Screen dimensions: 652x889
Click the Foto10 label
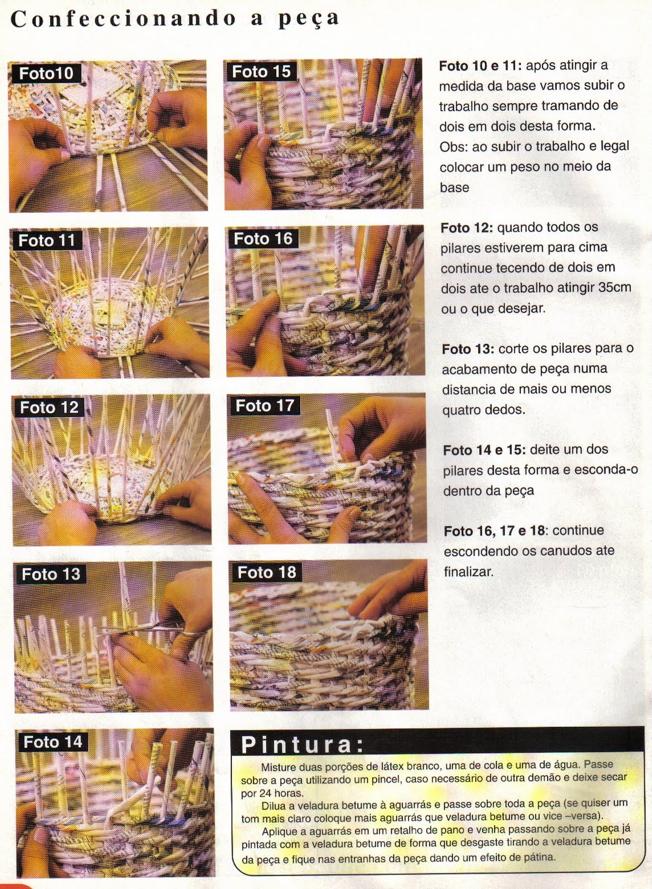coord(47,73)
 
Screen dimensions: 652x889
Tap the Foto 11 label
coord(47,241)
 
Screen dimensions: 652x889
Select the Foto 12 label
coord(49,408)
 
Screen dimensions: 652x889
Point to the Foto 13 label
coord(51,575)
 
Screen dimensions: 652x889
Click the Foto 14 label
coord(53,742)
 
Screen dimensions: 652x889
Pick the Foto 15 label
coord(261,72)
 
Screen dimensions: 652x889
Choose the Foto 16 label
coord(263,239)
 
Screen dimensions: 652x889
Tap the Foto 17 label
coord(265,406)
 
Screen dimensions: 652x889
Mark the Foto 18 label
coord(267,572)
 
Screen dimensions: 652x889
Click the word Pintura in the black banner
coord(297,745)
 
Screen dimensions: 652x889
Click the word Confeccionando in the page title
coord(123,19)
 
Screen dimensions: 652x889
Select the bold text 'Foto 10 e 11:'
coord(480,66)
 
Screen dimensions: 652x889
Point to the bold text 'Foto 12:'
coord(467,228)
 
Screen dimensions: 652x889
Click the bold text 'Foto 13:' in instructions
coord(468,349)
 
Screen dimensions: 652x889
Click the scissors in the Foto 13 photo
coord(151,629)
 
